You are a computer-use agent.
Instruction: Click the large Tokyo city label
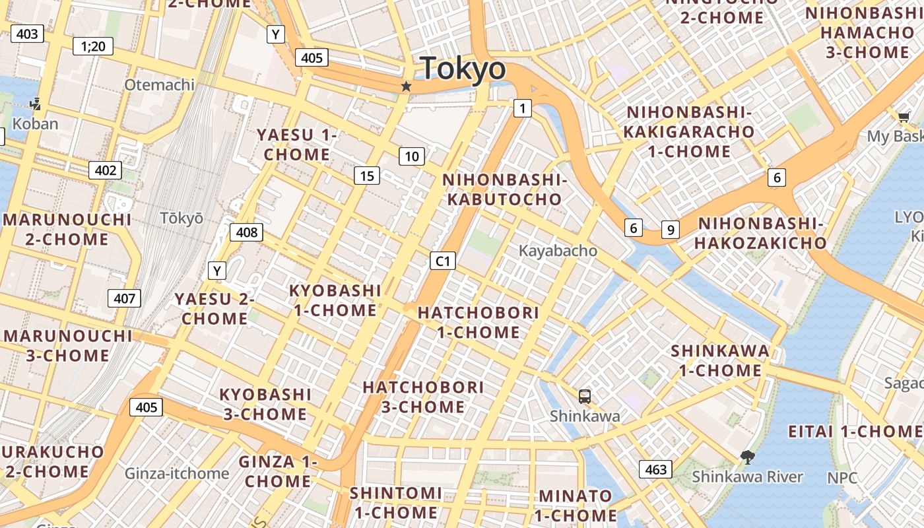click(x=463, y=69)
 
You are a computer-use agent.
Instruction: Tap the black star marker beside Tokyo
click(x=406, y=86)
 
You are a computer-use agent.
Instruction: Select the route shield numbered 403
click(x=27, y=34)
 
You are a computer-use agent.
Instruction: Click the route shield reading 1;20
click(x=93, y=46)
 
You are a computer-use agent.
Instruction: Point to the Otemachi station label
click(x=160, y=84)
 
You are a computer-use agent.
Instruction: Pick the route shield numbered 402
click(x=106, y=170)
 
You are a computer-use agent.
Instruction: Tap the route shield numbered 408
click(x=246, y=232)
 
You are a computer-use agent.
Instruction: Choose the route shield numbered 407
click(x=124, y=298)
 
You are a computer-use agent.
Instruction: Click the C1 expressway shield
click(x=443, y=261)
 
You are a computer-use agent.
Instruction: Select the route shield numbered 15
click(x=367, y=176)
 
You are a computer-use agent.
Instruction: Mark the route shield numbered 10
click(x=412, y=156)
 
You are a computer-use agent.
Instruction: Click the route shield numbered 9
click(x=671, y=230)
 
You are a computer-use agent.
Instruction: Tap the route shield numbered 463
click(x=655, y=469)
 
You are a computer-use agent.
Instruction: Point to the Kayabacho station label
click(x=558, y=251)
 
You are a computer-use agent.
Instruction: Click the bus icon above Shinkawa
click(x=585, y=397)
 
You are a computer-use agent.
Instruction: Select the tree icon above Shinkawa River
click(x=747, y=457)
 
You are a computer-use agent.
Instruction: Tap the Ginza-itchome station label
click(x=177, y=473)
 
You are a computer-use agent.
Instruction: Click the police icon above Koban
click(x=36, y=104)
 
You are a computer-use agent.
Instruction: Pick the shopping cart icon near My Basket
click(x=904, y=117)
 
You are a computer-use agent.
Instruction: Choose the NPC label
click(x=843, y=477)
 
